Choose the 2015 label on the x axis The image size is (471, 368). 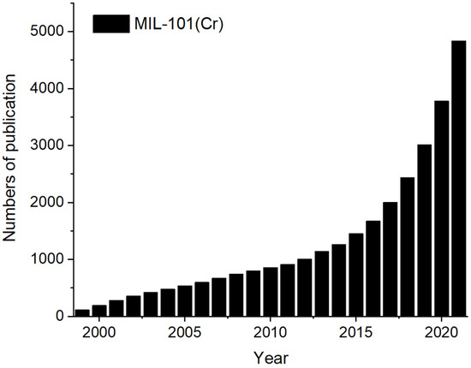pyautogui.click(x=356, y=331)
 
